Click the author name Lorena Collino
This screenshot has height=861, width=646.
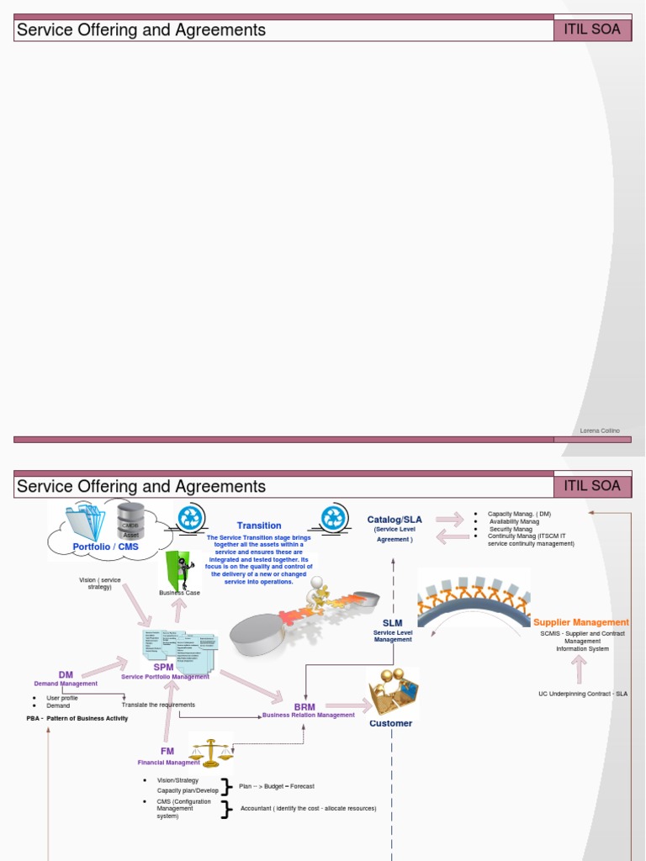600,430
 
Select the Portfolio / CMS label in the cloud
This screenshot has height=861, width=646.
105,547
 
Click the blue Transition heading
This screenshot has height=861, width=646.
259,526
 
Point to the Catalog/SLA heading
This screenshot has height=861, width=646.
394,520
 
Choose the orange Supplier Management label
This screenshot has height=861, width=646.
581,622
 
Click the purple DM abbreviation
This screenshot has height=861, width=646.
66,674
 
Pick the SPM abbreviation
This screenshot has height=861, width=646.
163,667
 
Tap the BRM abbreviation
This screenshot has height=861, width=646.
304,707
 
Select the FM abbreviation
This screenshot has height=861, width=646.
167,751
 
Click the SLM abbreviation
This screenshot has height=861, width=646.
393,623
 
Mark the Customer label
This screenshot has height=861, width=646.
391,723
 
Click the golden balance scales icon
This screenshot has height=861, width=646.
210,751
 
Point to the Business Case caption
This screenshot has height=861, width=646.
180,593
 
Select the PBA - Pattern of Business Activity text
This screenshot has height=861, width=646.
77,718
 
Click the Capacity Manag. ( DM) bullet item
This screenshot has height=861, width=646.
519,514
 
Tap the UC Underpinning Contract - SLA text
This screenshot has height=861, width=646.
583,694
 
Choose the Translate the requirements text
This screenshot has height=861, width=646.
158,705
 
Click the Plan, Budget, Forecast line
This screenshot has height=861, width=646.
277,786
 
